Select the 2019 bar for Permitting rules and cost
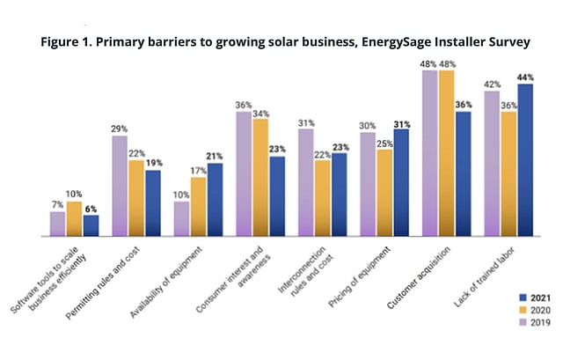119,186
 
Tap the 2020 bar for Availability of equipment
198,207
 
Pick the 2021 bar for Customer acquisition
464,174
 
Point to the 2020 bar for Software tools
74,219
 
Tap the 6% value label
91,209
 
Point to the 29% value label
119,129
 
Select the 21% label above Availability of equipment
215,157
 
